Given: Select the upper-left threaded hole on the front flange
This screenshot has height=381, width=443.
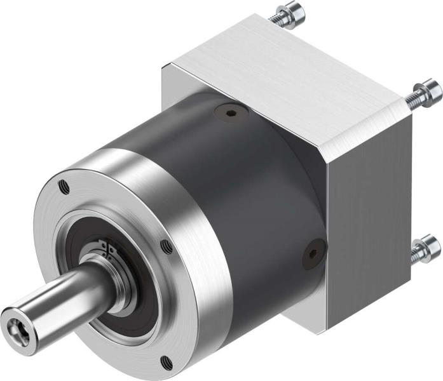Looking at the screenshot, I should click(63, 187).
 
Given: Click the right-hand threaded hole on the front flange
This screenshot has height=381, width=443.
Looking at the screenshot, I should click(167, 246).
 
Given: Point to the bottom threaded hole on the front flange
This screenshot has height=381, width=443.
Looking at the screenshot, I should click(166, 363).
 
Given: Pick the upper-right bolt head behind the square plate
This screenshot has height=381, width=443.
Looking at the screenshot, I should click(430, 91).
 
